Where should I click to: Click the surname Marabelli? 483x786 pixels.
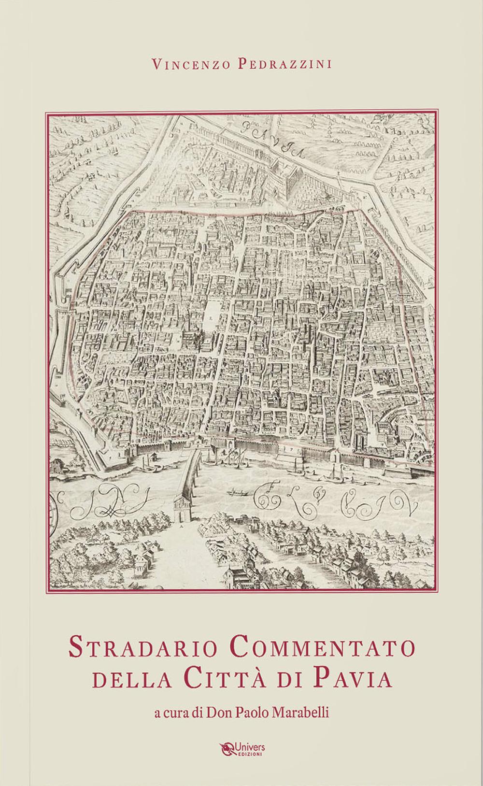point(302,713)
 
